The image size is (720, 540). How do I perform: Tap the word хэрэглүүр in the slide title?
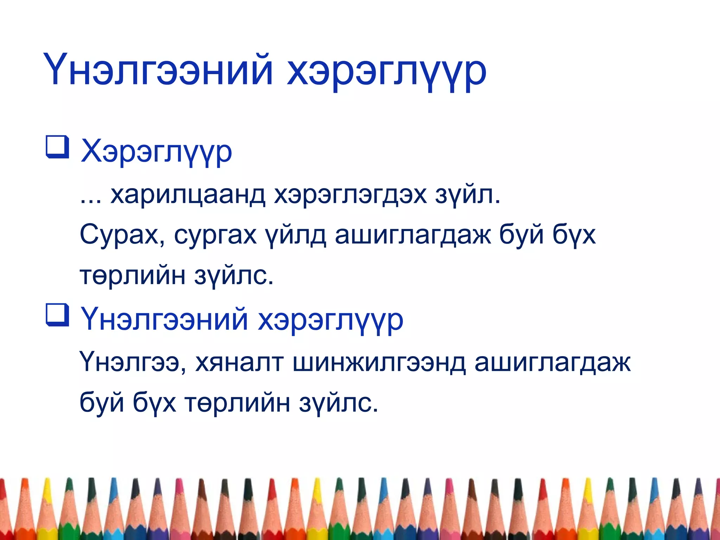[387, 72]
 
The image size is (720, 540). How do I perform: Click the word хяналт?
[239, 362]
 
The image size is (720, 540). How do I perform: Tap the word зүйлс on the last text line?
[339, 403]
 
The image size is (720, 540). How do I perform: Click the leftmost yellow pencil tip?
[47, 492]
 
